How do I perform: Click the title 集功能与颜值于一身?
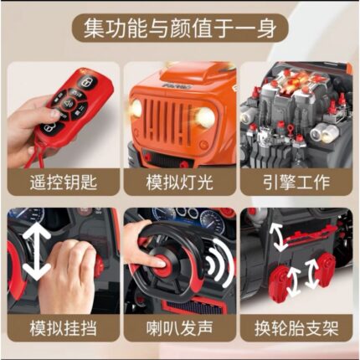tap(180, 28)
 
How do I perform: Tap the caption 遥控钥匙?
tap(64, 183)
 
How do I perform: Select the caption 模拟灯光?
tap(179, 183)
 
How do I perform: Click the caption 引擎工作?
tap(296, 183)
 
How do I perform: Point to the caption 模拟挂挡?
tap(64, 328)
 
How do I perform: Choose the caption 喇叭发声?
tap(179, 328)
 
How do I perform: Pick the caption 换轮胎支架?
tap(296, 328)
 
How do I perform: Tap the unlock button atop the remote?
tap(87, 82)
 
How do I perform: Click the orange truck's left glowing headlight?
tap(136, 107)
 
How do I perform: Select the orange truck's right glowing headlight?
tap(205, 116)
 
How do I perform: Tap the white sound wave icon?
tap(220, 262)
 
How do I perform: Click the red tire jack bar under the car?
tap(307, 236)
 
